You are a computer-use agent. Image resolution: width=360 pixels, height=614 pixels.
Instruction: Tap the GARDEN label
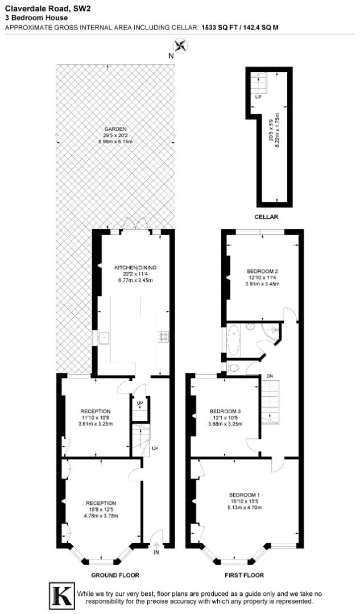point(115,128)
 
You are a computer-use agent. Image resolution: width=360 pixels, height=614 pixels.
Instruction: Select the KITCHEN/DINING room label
point(135,267)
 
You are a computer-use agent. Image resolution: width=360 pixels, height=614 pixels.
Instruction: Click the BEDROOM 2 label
point(262,271)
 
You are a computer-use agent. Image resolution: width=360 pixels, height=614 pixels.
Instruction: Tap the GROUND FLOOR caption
point(115,575)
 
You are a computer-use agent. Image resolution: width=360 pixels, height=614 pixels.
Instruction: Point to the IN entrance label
point(157,552)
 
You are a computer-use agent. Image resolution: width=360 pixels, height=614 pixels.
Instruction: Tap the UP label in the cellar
point(258,97)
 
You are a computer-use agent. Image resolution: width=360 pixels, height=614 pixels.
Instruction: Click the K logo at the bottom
point(63,595)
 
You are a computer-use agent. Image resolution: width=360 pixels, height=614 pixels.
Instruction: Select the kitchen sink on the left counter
point(104,338)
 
